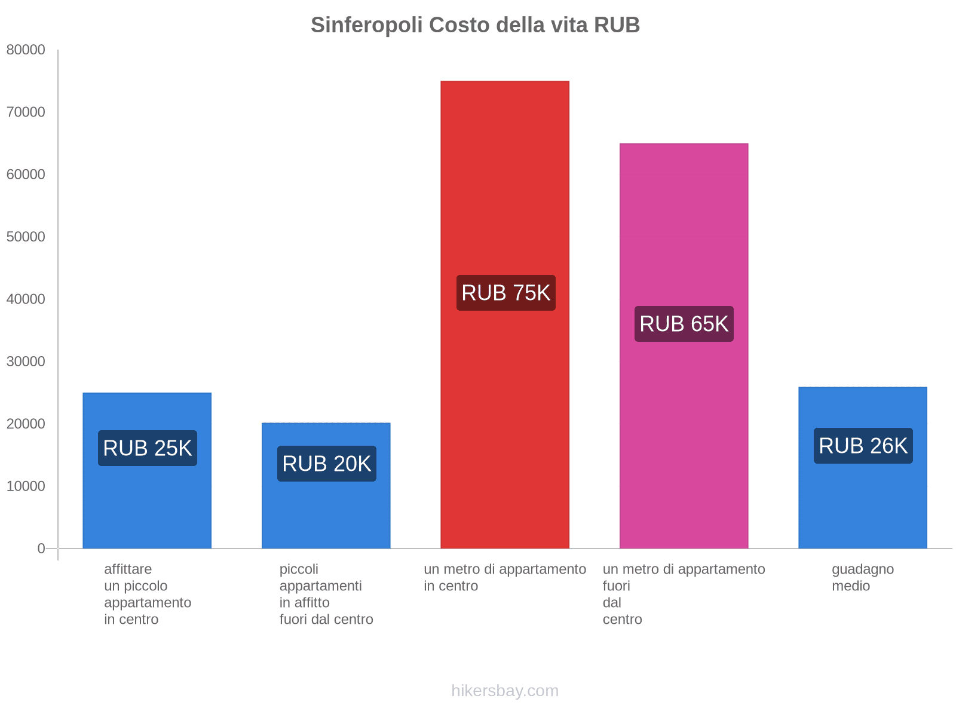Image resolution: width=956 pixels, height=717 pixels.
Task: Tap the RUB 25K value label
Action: click(x=147, y=448)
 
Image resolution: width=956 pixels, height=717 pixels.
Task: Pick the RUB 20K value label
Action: click(x=326, y=464)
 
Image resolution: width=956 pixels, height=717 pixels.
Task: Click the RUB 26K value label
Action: click(x=863, y=446)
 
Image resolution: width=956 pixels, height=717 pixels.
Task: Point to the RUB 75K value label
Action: click(x=505, y=293)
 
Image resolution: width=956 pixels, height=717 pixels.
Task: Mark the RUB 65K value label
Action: click(x=684, y=324)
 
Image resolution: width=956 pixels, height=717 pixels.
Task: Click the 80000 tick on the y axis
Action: click(x=26, y=50)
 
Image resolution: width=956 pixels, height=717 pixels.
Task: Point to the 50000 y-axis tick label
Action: click(x=26, y=237)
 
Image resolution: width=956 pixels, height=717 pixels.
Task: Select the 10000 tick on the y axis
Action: click(x=26, y=486)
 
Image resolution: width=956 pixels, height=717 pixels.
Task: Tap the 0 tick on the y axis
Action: click(x=41, y=549)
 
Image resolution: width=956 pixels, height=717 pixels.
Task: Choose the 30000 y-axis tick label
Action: click(x=26, y=361)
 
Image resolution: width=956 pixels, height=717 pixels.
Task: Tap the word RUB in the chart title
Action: click(x=617, y=25)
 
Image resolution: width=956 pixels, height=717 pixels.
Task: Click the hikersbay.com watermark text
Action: click(x=505, y=691)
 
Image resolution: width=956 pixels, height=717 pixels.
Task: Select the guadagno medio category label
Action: click(x=862, y=578)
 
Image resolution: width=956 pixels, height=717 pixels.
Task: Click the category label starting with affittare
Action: click(x=147, y=594)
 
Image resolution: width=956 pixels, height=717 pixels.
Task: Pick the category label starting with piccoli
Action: click(x=326, y=594)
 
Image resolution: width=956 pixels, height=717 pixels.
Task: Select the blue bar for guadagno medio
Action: click(x=863, y=508)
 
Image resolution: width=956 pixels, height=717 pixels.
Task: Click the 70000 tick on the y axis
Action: click(x=26, y=112)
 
